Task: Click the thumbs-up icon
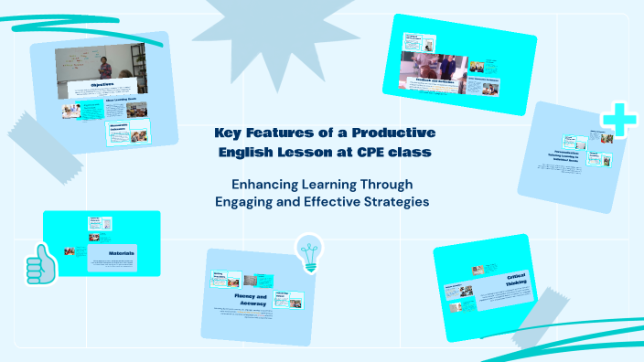(x=41, y=264)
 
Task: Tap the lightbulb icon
(x=308, y=251)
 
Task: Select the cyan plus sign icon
(x=619, y=121)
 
